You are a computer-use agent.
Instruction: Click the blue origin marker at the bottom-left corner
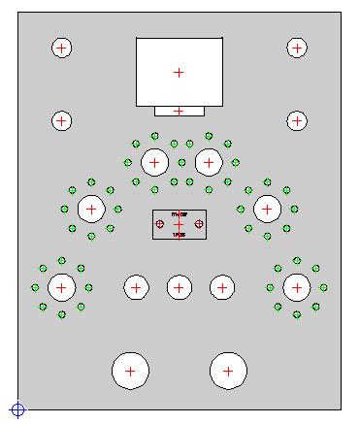point(16,409)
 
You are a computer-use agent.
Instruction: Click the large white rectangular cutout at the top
point(179,72)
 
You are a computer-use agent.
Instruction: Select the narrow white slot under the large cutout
point(179,111)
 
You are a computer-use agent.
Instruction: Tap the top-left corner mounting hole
point(61,48)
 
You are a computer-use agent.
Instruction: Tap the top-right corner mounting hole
point(297,48)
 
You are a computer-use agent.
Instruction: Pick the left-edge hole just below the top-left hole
point(61,121)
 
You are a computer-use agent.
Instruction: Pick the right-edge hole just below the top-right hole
point(297,121)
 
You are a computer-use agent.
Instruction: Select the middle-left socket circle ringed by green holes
point(91,208)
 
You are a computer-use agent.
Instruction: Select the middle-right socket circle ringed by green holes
point(267,208)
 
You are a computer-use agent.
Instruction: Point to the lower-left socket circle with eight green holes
point(61,287)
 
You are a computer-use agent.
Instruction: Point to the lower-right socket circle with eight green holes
point(296,287)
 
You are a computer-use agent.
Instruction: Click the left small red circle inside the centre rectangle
point(159,224)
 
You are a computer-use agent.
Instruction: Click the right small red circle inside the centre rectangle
point(199,224)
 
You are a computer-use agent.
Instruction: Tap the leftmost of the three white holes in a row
point(136,287)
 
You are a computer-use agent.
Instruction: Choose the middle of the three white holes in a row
point(179,287)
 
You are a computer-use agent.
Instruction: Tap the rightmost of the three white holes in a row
point(222,287)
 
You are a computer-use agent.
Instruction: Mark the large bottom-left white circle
point(130,371)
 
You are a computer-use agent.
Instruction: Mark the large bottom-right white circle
point(228,371)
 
